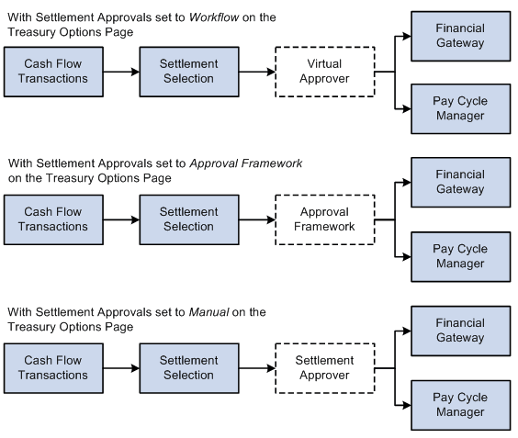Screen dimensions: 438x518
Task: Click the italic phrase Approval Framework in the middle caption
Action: pyautogui.click(x=245, y=163)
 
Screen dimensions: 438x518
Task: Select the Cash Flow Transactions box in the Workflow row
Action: pyautogui.click(x=56, y=72)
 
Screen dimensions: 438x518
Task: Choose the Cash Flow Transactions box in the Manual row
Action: pyautogui.click(x=56, y=367)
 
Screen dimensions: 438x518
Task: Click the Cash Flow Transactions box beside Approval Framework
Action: pyautogui.click(x=56, y=219)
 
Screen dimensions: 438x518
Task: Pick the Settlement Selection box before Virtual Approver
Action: pyautogui.click(x=188, y=72)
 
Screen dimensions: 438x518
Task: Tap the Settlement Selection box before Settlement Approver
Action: pyautogui.click(x=188, y=367)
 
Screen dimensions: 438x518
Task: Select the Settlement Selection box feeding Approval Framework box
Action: pyautogui.click(x=188, y=219)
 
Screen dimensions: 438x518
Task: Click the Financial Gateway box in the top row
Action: pyautogui.click(x=460, y=35)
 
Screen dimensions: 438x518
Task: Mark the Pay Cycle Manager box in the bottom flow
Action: pyautogui.click(x=460, y=405)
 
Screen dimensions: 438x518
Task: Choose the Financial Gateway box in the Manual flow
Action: pyautogui.click(x=460, y=331)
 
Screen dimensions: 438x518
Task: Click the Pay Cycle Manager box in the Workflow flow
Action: pyautogui.click(x=460, y=109)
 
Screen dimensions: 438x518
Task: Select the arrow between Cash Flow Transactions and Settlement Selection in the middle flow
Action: pyautogui.click(x=123, y=219)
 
